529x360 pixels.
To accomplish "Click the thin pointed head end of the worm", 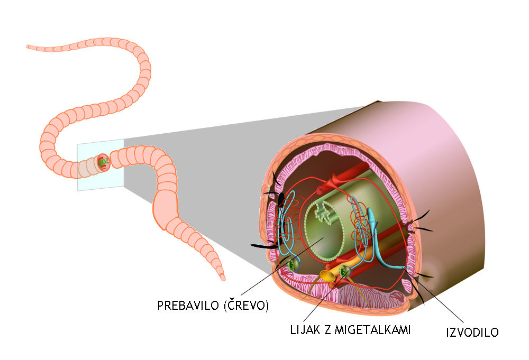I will (30, 47).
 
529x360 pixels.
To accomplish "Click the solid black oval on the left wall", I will (281, 199).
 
